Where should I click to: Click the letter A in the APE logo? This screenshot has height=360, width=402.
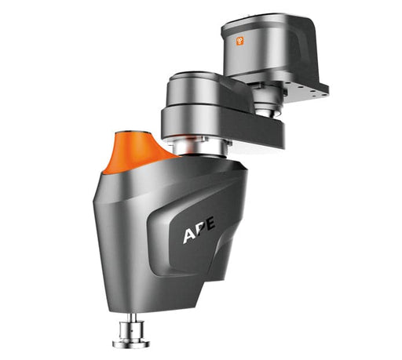189,235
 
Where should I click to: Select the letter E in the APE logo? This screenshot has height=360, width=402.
210,224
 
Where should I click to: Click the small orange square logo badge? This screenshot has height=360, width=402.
240,41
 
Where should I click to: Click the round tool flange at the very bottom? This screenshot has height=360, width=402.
131,344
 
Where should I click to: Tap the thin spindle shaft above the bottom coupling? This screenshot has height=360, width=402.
133,317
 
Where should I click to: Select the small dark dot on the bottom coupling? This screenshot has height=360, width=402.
132,330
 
